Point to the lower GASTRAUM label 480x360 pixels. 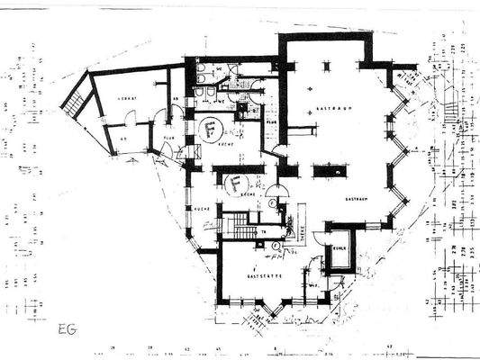pos(356,199)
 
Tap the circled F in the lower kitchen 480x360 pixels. pos(235,184)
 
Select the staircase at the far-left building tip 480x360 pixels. pos(75,96)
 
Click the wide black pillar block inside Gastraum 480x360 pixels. pos(329,170)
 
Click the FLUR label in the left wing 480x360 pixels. pos(168,139)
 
